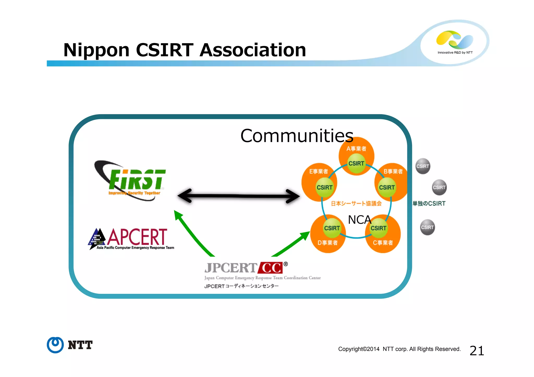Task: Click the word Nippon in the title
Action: pyautogui.click(x=96, y=50)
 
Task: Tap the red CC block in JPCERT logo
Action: pyautogui.click(x=271, y=268)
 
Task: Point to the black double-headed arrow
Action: pyautogui.click(x=238, y=196)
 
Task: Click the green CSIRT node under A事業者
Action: pyautogui.click(x=356, y=164)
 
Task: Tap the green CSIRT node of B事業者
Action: pyautogui.click(x=387, y=187)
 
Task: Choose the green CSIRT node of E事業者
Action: pyautogui.click(x=324, y=187)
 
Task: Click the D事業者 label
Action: pyautogui.click(x=327, y=243)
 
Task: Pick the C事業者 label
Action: pyautogui.click(x=383, y=243)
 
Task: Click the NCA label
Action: pyautogui.click(x=359, y=220)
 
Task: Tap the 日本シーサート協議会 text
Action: pyautogui.click(x=356, y=203)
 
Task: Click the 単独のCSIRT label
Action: pyautogui.click(x=429, y=203)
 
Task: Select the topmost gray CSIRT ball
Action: pyautogui.click(x=422, y=166)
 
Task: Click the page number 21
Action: pyautogui.click(x=477, y=351)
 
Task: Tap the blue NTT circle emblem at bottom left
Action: pyautogui.click(x=55, y=345)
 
